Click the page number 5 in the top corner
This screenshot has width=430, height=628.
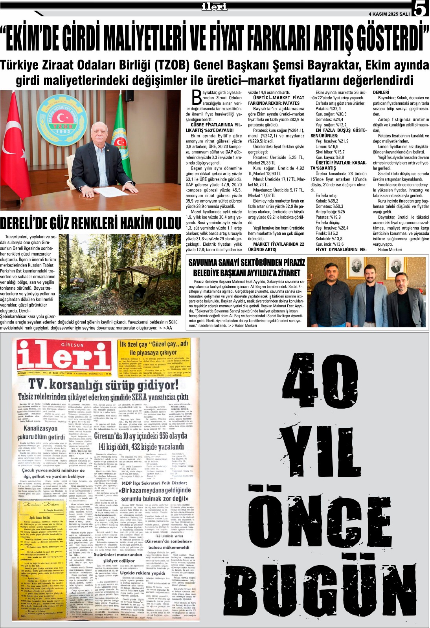420,9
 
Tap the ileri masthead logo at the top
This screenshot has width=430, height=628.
214,6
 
